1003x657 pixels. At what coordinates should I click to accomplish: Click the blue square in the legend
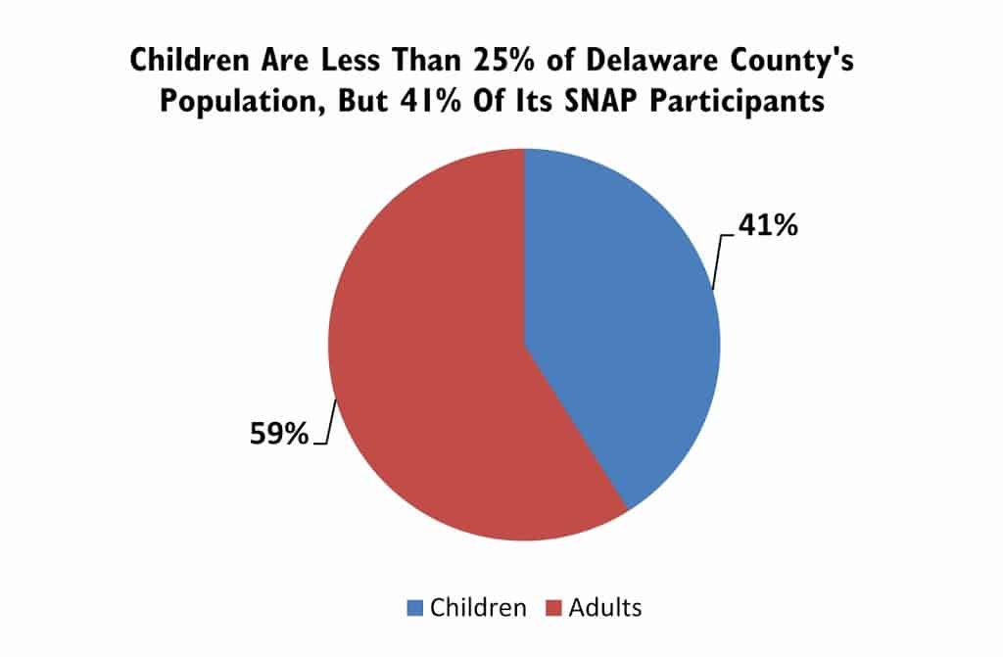click(x=413, y=608)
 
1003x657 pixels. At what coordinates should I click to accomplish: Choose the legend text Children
click(x=478, y=608)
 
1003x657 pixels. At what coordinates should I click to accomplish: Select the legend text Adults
click(x=604, y=608)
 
